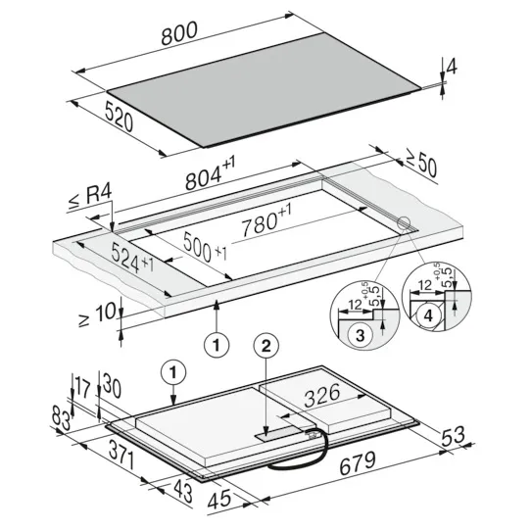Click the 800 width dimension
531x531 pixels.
pyautogui.click(x=179, y=33)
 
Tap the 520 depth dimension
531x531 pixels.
pyautogui.click(x=119, y=118)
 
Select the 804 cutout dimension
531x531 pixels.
pyautogui.click(x=210, y=172)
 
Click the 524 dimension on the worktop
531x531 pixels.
pyautogui.click(x=132, y=258)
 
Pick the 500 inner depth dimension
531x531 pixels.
pyautogui.click(x=205, y=248)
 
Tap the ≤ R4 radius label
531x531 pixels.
pyautogui.click(x=90, y=198)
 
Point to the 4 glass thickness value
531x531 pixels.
pyautogui.click(x=452, y=67)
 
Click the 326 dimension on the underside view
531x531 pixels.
pyautogui.click(x=322, y=395)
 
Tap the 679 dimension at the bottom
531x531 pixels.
pyautogui.click(x=358, y=463)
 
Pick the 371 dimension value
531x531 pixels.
pyautogui.click(x=121, y=456)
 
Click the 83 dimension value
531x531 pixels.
pyautogui.click(x=62, y=418)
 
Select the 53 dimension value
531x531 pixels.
pyautogui.click(x=453, y=436)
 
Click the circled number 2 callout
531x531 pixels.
pyautogui.click(x=266, y=346)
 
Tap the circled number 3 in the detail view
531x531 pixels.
pyautogui.click(x=360, y=335)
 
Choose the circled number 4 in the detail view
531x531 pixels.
pyautogui.click(x=428, y=316)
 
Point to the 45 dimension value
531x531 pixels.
pyautogui.click(x=219, y=500)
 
